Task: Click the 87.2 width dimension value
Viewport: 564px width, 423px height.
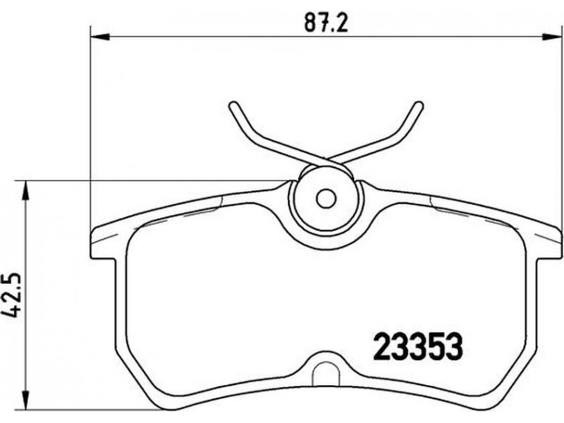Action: [326, 23]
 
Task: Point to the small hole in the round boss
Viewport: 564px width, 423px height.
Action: [326, 198]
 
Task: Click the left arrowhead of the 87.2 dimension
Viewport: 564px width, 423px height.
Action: [99, 36]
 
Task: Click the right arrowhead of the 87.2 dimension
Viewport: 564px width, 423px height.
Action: [551, 36]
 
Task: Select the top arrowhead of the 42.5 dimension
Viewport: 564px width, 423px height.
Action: [25, 190]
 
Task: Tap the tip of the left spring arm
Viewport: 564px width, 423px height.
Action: [233, 106]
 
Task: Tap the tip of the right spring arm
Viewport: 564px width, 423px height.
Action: [418, 106]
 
